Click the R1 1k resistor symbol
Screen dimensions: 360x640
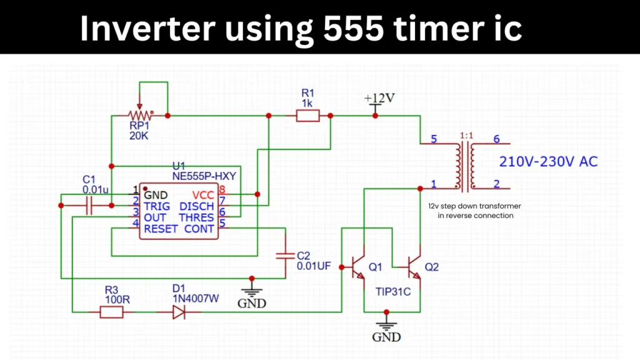coord(307,116)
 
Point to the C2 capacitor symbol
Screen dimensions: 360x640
coord(285,255)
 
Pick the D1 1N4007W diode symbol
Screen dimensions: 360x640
coord(179,311)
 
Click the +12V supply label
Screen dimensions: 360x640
coord(380,99)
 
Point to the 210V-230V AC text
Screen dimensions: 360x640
coord(548,162)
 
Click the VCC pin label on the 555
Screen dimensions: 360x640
coord(202,195)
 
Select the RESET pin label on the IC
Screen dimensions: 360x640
coord(161,229)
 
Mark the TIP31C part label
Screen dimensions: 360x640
coord(393,291)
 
